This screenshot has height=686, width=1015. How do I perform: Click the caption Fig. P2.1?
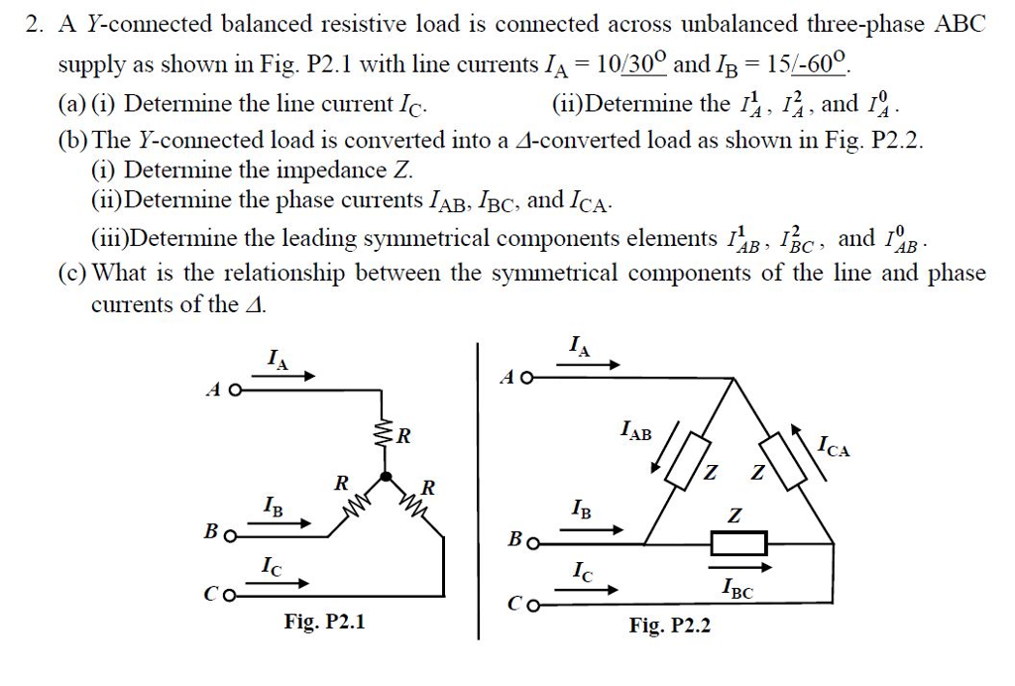(324, 623)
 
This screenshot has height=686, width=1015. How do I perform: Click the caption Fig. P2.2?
(670, 626)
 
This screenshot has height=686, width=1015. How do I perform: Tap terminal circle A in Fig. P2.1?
(234, 390)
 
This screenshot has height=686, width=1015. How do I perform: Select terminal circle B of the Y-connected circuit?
(230, 537)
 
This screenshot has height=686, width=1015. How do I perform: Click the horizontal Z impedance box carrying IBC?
(738, 543)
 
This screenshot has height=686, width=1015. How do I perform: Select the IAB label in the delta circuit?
(635, 431)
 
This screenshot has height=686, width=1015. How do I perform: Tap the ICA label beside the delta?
(834, 447)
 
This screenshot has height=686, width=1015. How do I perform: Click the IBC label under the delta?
(737, 592)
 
